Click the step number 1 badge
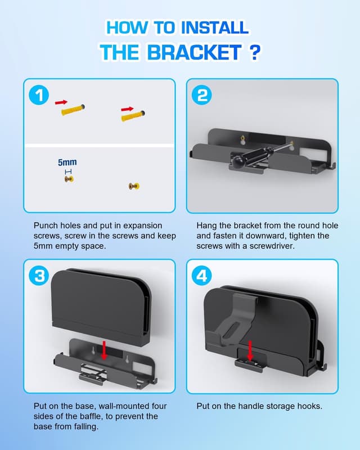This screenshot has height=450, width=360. [x=39, y=96]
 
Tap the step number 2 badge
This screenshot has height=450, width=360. [x=202, y=96]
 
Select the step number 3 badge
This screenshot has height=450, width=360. [x=39, y=276]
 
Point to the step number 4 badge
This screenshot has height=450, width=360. [x=202, y=276]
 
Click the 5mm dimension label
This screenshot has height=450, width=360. [x=67, y=163]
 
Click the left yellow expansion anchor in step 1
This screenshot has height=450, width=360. [x=74, y=110]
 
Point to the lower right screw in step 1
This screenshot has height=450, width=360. [x=134, y=186]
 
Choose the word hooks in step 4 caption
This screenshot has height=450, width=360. [x=309, y=406]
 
